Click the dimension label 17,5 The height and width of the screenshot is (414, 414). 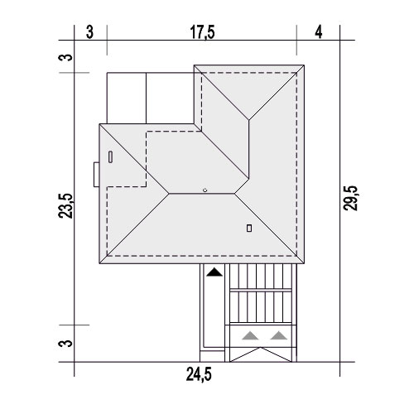(202, 32)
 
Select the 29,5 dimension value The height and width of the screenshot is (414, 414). (350, 199)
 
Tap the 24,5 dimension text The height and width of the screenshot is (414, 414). (199, 374)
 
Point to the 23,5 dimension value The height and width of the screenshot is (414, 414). (65, 206)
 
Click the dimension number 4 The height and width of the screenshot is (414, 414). (319, 32)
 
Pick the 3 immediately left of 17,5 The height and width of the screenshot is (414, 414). (89, 32)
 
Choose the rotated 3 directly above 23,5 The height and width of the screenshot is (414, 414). (65, 57)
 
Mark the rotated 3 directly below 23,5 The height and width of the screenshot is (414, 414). (65, 344)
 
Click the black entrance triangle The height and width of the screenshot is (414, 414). (214, 272)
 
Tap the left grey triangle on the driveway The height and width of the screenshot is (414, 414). (250, 335)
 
